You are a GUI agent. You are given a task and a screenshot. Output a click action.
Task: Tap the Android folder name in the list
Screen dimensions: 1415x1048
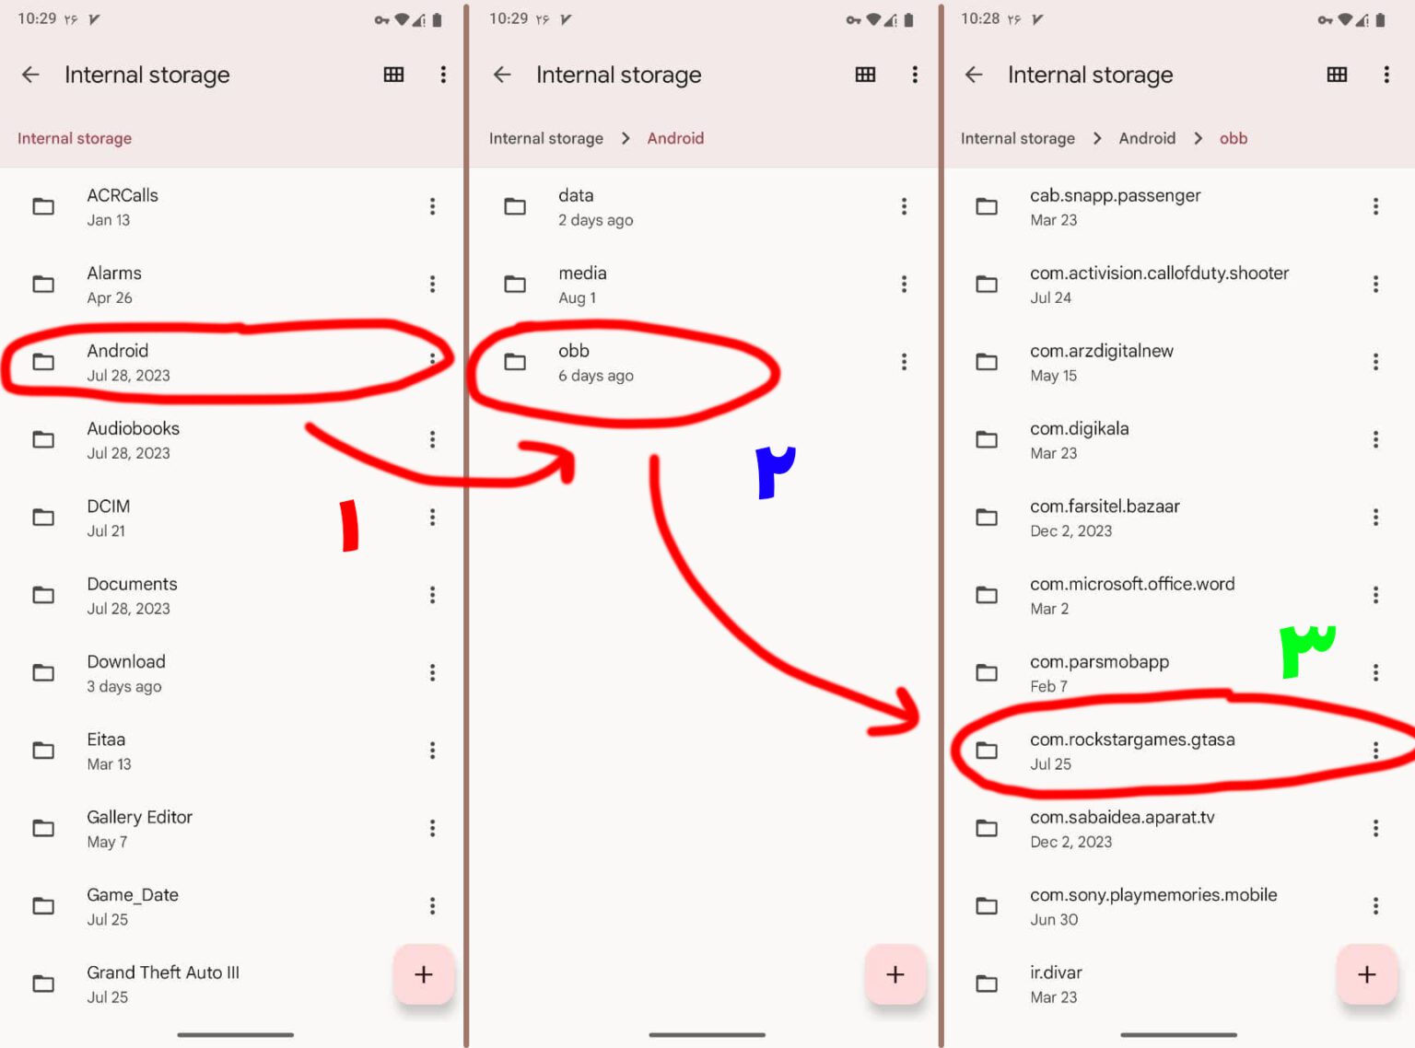pyautogui.click(x=117, y=351)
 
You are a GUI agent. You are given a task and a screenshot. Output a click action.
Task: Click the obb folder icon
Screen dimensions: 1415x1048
pyautogui.click(x=515, y=362)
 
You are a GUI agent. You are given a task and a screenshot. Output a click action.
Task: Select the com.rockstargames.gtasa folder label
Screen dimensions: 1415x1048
pyautogui.click(x=1132, y=739)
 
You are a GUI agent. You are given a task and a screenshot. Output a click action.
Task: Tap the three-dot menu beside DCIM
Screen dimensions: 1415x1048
pyautogui.click(x=433, y=518)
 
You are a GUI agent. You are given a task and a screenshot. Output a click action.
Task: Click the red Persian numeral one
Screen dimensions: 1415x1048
pyautogui.click(x=349, y=526)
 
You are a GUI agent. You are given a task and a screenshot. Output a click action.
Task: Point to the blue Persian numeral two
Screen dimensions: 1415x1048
pyautogui.click(x=774, y=472)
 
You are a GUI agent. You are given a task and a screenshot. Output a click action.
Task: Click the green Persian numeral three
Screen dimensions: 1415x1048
pyautogui.click(x=1306, y=650)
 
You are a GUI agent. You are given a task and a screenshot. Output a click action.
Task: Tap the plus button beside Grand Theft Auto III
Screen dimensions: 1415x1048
pyautogui.click(x=424, y=974)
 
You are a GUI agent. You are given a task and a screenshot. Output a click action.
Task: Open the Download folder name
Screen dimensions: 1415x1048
pyautogui.click(x=126, y=661)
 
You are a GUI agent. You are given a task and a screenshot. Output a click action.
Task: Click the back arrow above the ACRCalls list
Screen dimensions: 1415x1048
pyautogui.click(x=30, y=75)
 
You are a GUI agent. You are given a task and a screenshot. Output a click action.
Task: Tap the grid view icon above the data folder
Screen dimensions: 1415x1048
pyautogui.click(x=865, y=75)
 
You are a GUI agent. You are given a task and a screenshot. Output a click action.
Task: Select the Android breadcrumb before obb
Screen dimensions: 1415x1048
pyautogui.click(x=1146, y=138)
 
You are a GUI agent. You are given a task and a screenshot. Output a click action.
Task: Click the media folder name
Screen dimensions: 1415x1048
pyautogui.click(x=582, y=273)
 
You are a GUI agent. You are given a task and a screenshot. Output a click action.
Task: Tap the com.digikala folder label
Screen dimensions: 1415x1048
pyautogui.click(x=1079, y=428)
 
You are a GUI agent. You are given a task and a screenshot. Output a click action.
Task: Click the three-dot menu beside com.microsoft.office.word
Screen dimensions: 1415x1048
pyautogui.click(x=1375, y=595)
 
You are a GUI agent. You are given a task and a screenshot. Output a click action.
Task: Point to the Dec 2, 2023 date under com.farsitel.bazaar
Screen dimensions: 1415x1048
pyautogui.click(x=1070, y=530)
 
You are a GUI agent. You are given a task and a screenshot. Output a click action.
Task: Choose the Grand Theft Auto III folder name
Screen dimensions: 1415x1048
pyautogui.click(x=163, y=972)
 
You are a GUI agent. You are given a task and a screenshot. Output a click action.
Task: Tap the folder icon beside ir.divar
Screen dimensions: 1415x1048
pyautogui.click(x=987, y=984)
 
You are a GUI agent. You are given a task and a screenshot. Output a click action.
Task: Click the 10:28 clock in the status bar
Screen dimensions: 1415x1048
pyautogui.click(x=980, y=18)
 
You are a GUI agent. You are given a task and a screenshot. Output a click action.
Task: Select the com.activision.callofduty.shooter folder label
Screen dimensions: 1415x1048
pyautogui.click(x=1159, y=274)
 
